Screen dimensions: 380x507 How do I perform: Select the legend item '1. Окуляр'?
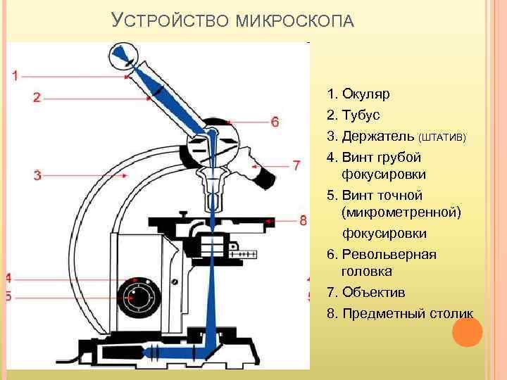click(x=358, y=94)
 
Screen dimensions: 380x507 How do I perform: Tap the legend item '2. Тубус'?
click(x=353, y=114)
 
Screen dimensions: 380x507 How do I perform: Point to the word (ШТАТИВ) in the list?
click(x=442, y=136)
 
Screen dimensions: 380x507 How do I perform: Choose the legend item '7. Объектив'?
click(x=366, y=292)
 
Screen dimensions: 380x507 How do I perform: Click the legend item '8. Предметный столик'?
click(x=400, y=313)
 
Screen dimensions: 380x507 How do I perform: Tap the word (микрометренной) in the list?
click(x=401, y=212)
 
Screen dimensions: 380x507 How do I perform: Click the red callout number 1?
click(x=15, y=75)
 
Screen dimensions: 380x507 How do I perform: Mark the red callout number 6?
click(x=275, y=122)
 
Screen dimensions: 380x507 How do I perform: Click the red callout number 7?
click(x=296, y=165)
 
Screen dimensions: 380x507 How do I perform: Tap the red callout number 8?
click(x=303, y=220)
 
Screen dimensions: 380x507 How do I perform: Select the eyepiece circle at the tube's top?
click(x=125, y=57)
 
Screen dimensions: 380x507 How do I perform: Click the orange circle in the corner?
click(x=467, y=331)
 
